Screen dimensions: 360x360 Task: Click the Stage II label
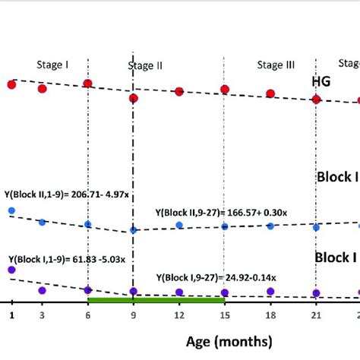tap(145, 65)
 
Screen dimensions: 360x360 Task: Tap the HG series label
tap(321, 81)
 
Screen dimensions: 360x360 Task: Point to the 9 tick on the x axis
tap(134, 314)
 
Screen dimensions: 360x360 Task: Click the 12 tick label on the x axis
tap(179, 314)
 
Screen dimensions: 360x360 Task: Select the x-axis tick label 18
tap(270, 314)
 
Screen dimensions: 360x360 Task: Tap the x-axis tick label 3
tap(42, 314)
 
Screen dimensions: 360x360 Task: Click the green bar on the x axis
tap(156, 301)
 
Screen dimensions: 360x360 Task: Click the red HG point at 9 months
tap(134, 99)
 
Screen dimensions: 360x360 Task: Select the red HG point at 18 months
tap(270, 94)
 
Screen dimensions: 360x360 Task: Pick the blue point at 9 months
tap(134, 230)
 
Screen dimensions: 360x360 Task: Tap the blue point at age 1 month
tap(11, 210)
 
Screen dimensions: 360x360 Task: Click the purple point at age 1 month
tap(11, 270)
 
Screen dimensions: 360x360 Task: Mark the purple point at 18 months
tap(270, 291)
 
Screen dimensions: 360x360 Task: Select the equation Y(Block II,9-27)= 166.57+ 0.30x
tap(221, 214)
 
